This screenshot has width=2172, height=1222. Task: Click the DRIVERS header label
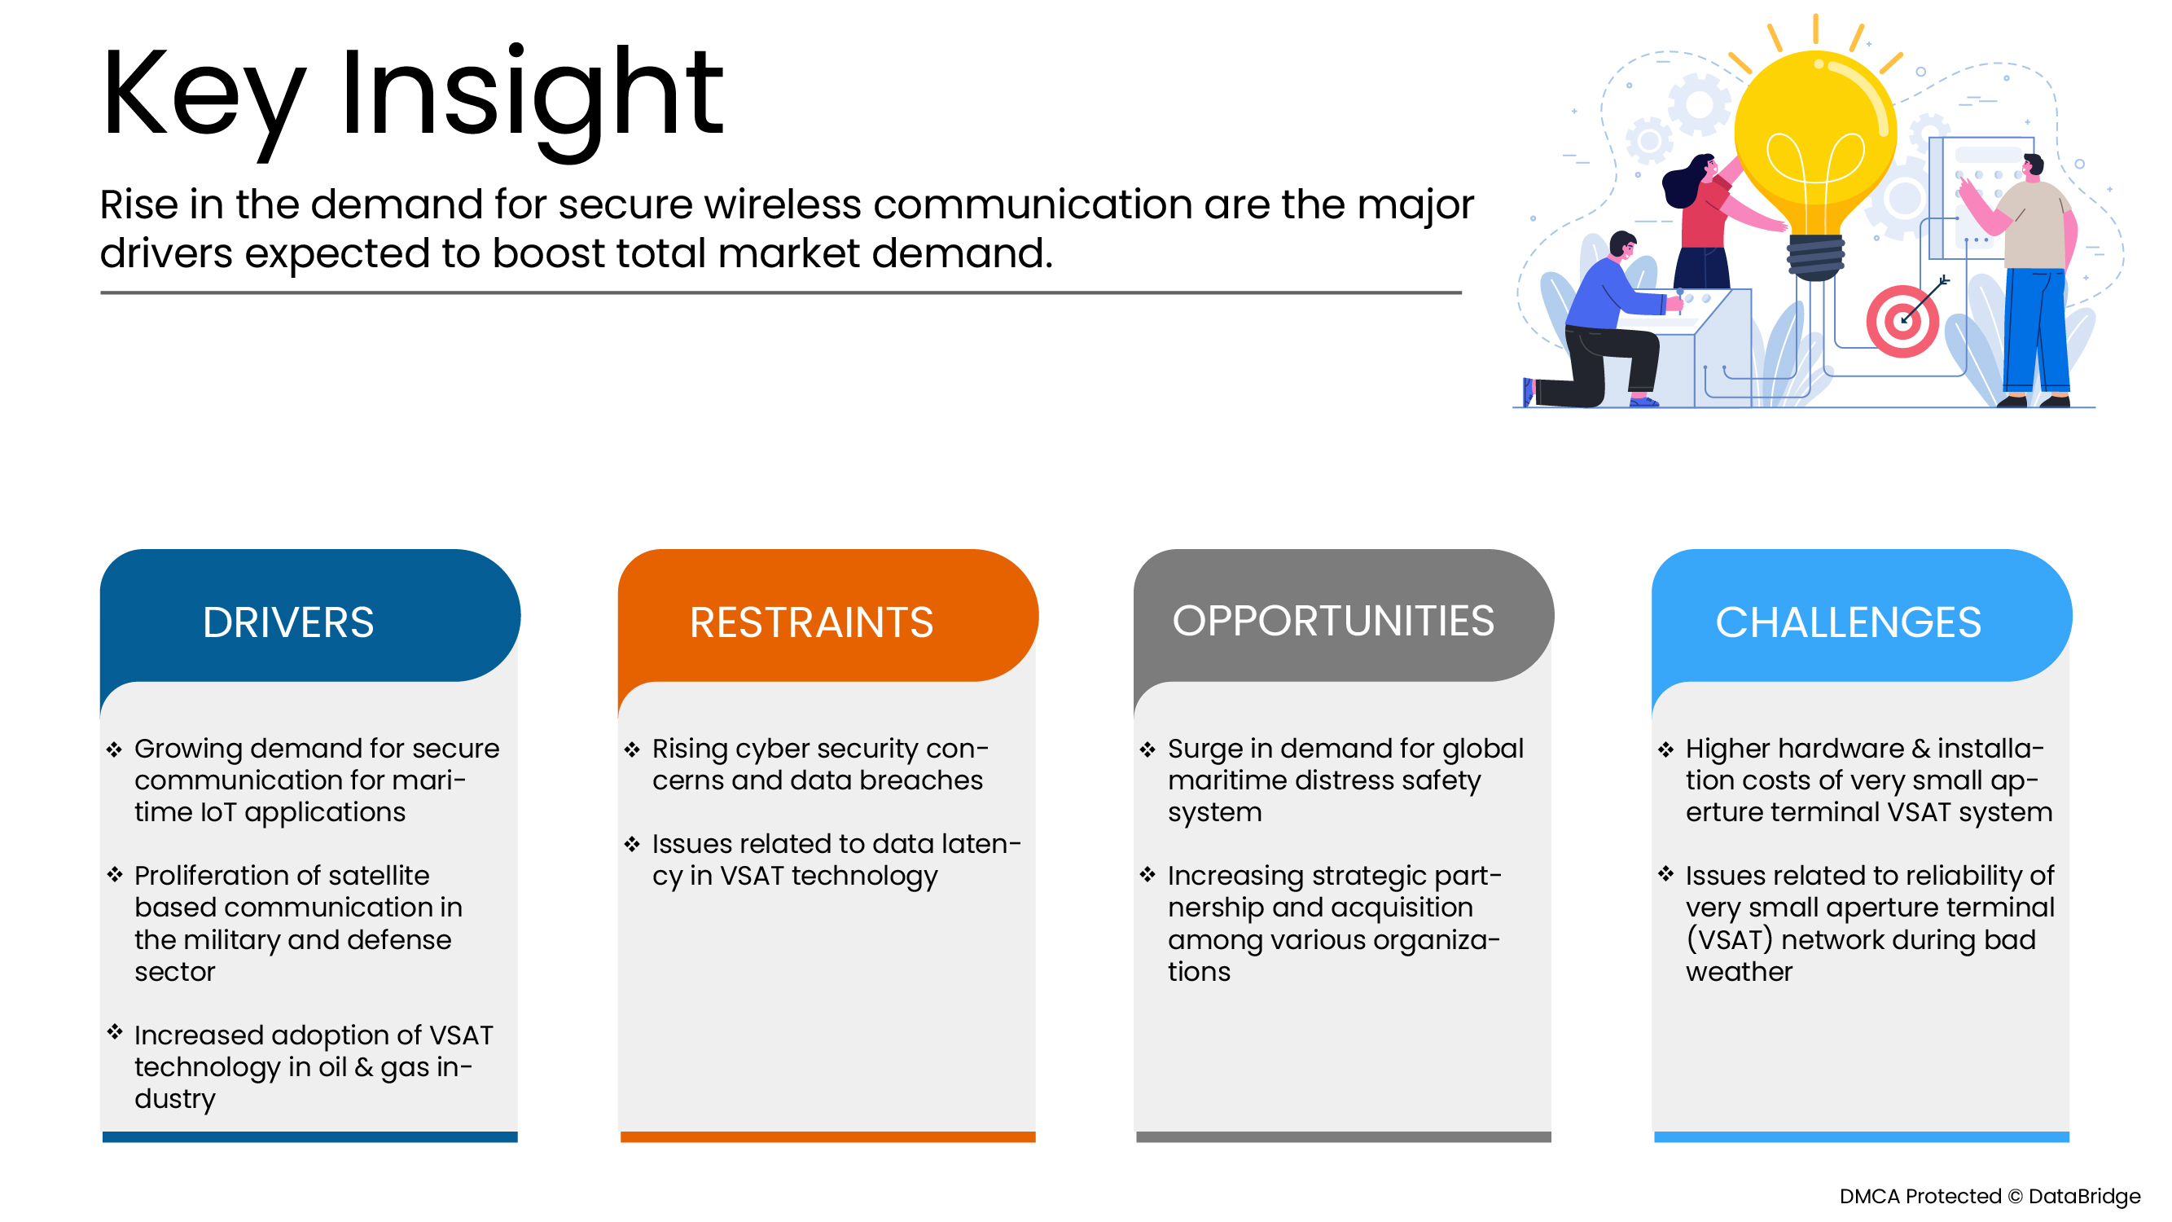click(287, 622)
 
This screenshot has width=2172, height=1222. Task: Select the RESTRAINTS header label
click(811, 622)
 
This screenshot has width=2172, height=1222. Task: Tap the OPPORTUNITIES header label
click(1332, 621)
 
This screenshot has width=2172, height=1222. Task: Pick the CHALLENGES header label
click(1847, 622)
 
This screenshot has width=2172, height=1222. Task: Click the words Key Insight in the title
click(411, 95)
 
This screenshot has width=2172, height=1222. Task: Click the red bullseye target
click(1902, 321)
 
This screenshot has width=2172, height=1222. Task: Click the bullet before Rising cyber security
click(631, 749)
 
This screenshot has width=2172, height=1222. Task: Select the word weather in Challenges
click(1738, 972)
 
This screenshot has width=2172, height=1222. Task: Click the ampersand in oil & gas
click(363, 1067)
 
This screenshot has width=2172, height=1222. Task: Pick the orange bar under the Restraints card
click(827, 1136)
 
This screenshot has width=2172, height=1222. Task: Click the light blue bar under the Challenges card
click(1861, 1136)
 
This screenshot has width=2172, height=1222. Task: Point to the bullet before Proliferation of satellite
click(115, 874)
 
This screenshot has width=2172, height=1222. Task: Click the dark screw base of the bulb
click(1814, 257)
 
